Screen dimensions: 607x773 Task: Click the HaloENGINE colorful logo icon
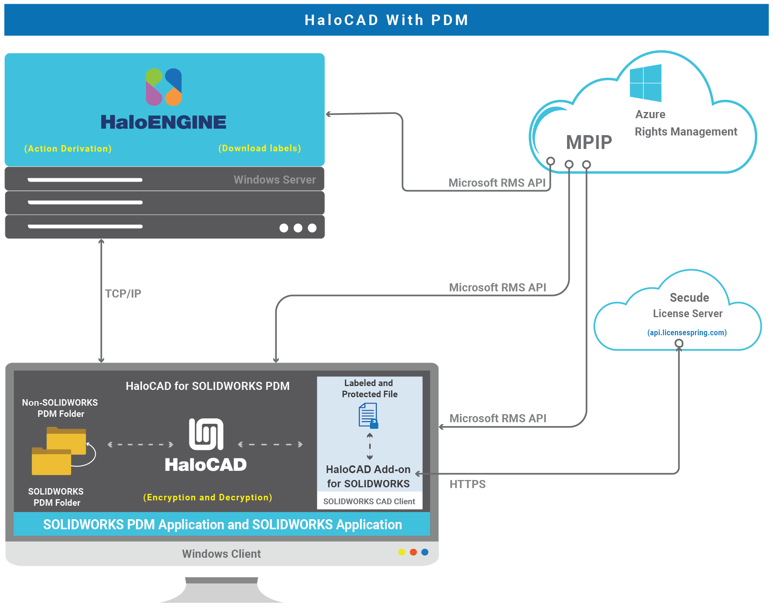pyautogui.click(x=164, y=87)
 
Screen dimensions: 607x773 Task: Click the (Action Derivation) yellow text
pyautogui.click(x=68, y=149)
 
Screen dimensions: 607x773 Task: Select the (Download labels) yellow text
pyautogui.click(x=259, y=148)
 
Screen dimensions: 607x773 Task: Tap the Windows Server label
pyautogui.click(x=274, y=180)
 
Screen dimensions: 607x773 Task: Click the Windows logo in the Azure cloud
pyautogui.click(x=646, y=83)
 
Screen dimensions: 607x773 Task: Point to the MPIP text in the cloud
pyautogui.click(x=589, y=142)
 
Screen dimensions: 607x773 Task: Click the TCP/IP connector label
pyautogui.click(x=123, y=294)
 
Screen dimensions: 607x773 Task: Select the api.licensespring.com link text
pyautogui.click(x=687, y=333)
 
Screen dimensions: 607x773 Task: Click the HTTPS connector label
pyautogui.click(x=467, y=484)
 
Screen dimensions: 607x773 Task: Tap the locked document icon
pyautogui.click(x=368, y=416)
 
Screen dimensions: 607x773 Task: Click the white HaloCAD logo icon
pyautogui.click(x=206, y=434)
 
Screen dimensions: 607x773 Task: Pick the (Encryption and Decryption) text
pyautogui.click(x=207, y=497)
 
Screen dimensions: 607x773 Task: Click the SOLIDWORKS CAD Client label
pyautogui.click(x=369, y=502)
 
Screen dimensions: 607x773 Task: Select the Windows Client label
pyautogui.click(x=221, y=554)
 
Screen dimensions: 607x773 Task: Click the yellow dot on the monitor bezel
pyautogui.click(x=402, y=552)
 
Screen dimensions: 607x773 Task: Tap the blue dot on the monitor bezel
pyautogui.click(x=425, y=552)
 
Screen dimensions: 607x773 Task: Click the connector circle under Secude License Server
pyautogui.click(x=679, y=343)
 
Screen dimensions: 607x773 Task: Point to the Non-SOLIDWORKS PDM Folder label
pyautogui.click(x=60, y=408)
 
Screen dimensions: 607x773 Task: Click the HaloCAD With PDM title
pyautogui.click(x=386, y=20)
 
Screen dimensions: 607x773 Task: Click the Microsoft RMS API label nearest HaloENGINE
pyautogui.click(x=497, y=183)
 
